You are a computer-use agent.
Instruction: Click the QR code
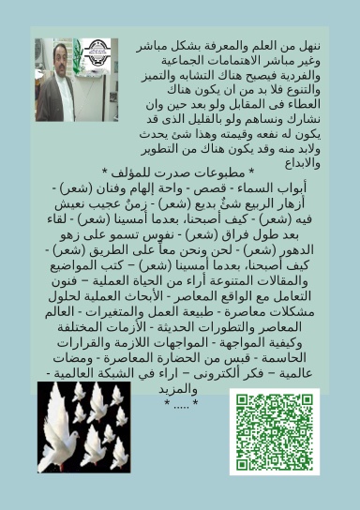(274, 431)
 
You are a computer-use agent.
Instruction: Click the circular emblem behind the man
(94, 52)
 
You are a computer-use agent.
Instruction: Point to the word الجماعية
(157, 61)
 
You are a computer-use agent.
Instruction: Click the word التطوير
(160, 149)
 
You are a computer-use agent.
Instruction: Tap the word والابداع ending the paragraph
(301, 163)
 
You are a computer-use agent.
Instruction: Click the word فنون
(73, 284)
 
